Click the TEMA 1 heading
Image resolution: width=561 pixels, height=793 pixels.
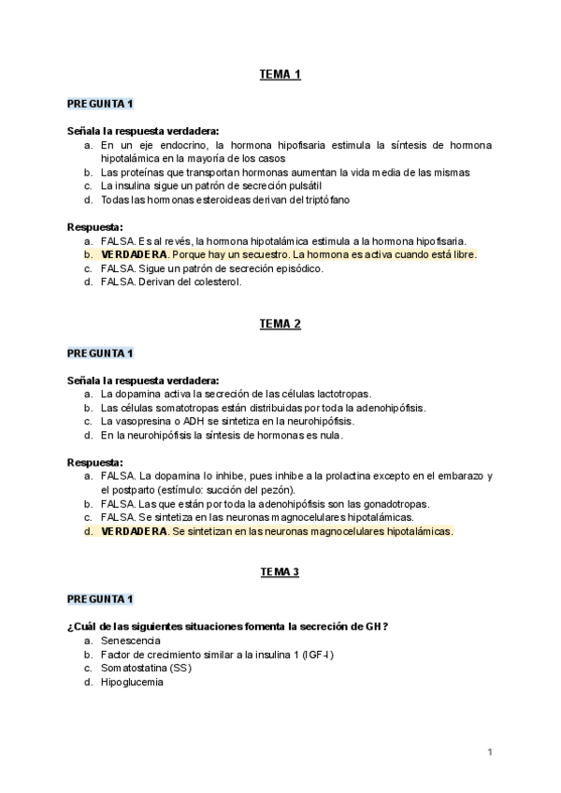pyautogui.click(x=280, y=75)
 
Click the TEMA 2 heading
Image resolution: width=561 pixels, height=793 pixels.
pyautogui.click(x=280, y=324)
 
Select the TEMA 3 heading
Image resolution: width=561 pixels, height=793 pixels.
pyautogui.click(x=280, y=571)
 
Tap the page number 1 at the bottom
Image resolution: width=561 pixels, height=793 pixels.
pyautogui.click(x=490, y=752)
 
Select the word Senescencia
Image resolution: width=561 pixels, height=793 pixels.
pyautogui.click(x=131, y=640)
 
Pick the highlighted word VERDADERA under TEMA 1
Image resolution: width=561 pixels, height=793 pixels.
pyautogui.click(x=135, y=254)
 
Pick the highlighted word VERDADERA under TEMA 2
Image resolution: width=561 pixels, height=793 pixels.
pyautogui.click(x=135, y=531)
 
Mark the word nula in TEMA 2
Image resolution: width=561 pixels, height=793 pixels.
pyautogui.click(x=328, y=435)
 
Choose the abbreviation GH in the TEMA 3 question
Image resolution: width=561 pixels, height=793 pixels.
pyautogui.click(x=375, y=626)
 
